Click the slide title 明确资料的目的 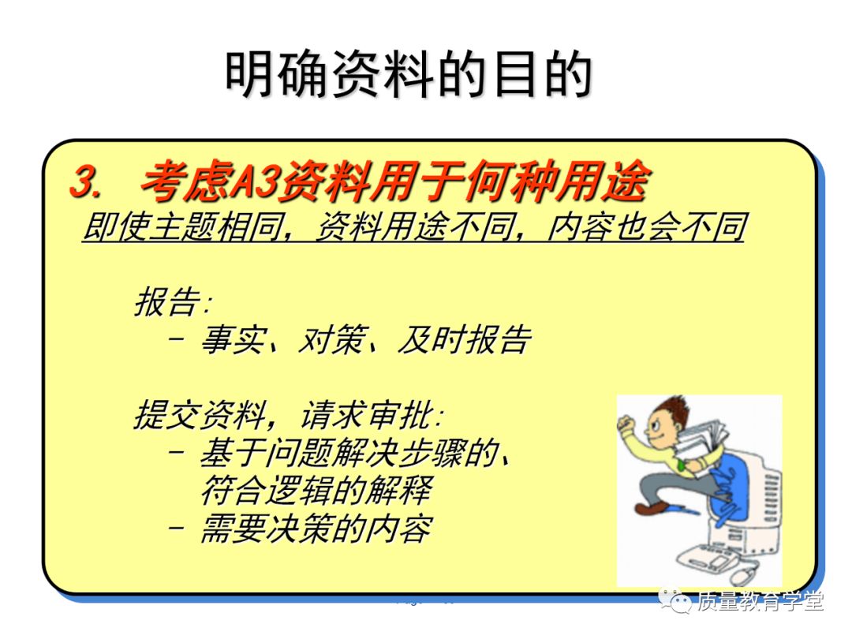pyautogui.click(x=409, y=74)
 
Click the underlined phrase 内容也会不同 pyautogui.click(x=646, y=226)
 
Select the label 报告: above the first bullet pyautogui.click(x=172, y=301)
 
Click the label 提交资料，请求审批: pyautogui.click(x=288, y=415)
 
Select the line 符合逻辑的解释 pyautogui.click(x=317, y=490)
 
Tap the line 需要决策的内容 pyautogui.click(x=317, y=528)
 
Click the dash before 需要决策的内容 pyautogui.click(x=176, y=527)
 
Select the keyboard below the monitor pyautogui.click(x=706, y=556)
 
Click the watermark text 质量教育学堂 pyautogui.click(x=760, y=600)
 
